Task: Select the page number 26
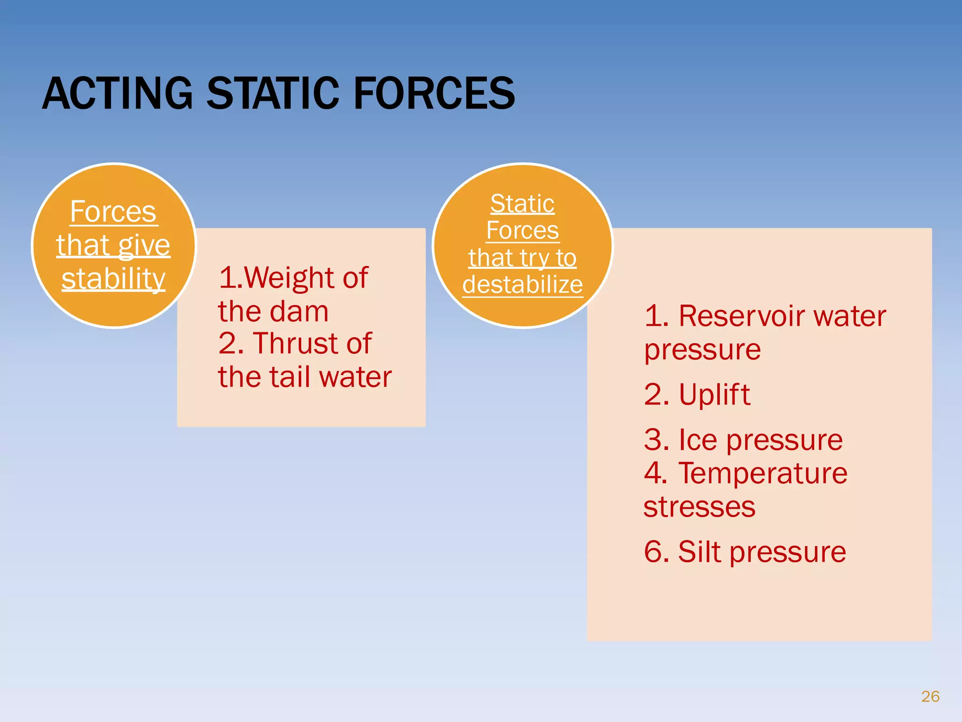coord(930,696)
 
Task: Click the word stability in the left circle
coord(113,279)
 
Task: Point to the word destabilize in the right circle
coord(522,284)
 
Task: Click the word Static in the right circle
coord(522,204)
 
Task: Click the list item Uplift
coord(714,394)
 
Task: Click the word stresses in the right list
coord(699,507)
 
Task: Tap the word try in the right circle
coord(533,258)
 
